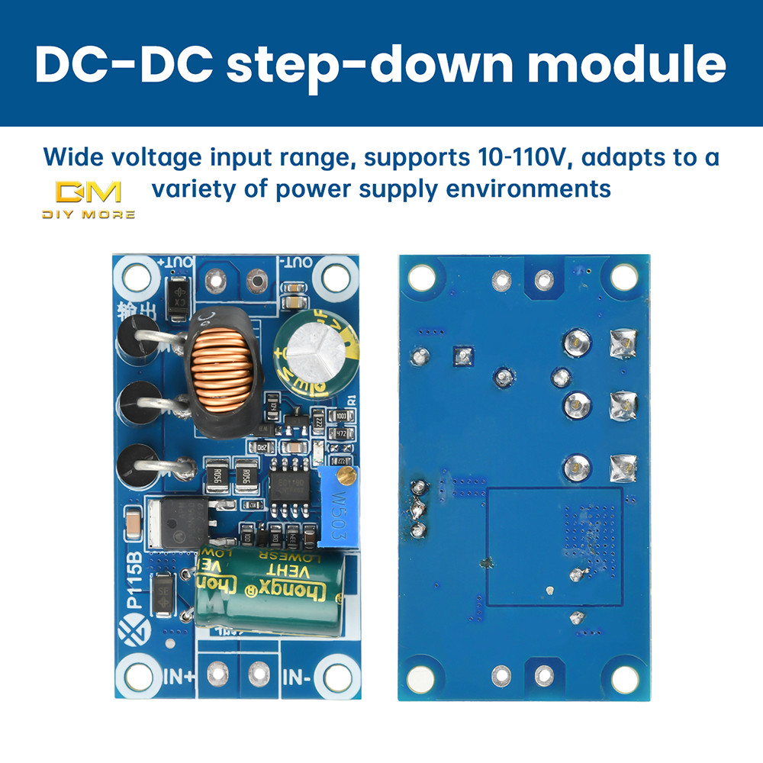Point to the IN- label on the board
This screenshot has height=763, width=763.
(298, 675)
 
